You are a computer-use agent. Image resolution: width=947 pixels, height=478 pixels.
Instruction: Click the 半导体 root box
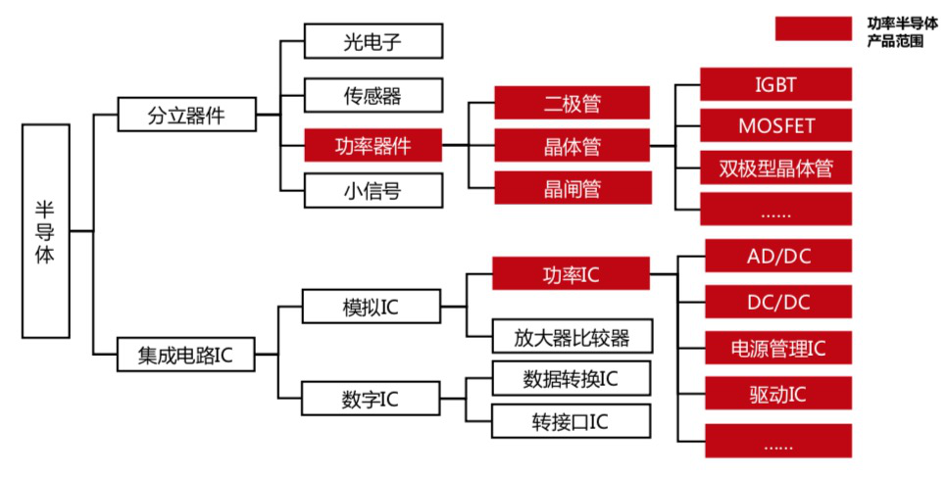click(46, 230)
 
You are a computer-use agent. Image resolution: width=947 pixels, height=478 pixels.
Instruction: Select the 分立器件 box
click(186, 115)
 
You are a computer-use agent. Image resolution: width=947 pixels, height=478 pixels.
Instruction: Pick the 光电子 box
click(373, 42)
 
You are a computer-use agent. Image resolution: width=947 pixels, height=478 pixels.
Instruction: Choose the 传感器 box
click(373, 95)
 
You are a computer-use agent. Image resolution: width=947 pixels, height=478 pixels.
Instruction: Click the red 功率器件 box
click(373, 147)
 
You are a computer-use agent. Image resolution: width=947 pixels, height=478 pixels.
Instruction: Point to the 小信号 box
click(373, 191)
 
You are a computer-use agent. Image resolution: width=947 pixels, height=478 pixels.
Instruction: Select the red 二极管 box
click(572, 103)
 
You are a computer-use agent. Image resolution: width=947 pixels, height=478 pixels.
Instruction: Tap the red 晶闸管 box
click(572, 188)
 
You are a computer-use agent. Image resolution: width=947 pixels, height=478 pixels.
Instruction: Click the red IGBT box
click(775, 84)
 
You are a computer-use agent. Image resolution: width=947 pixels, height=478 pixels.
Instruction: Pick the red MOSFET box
click(775, 126)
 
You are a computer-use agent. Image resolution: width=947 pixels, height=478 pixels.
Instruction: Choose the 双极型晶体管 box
click(775, 168)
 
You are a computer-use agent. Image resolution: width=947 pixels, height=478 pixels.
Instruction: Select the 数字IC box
click(372, 400)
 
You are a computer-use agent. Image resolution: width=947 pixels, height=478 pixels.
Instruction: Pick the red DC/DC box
click(778, 303)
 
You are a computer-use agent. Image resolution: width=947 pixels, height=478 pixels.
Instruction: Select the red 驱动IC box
click(778, 394)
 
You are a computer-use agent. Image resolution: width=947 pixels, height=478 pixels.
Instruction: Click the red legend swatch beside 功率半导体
click(813, 28)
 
